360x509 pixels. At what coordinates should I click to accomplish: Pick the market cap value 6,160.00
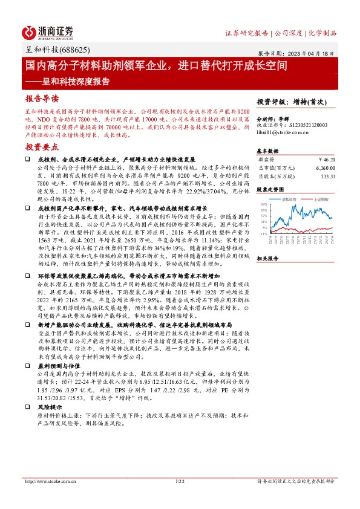tap(324, 167)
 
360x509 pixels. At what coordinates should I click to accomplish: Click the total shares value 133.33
tap(327, 177)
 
